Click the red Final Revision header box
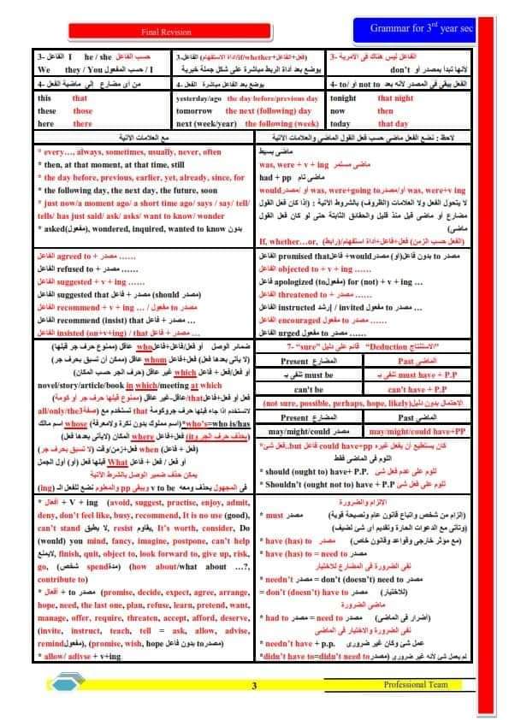point(177,28)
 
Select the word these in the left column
point(47,111)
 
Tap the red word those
point(83,111)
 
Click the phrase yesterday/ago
point(200,98)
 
